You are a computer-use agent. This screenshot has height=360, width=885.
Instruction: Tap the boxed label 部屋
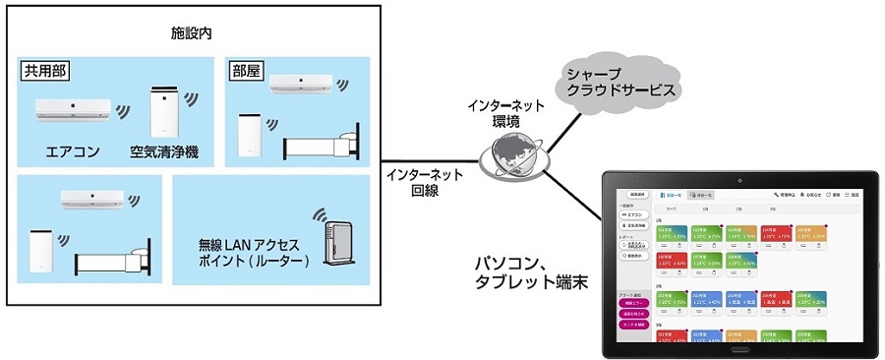coord(245,73)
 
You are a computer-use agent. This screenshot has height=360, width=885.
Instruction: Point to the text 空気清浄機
coord(164,152)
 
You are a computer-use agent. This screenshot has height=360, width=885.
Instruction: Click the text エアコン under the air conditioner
coord(71,152)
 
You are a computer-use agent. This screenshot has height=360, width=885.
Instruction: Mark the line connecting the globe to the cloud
coord(554,126)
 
